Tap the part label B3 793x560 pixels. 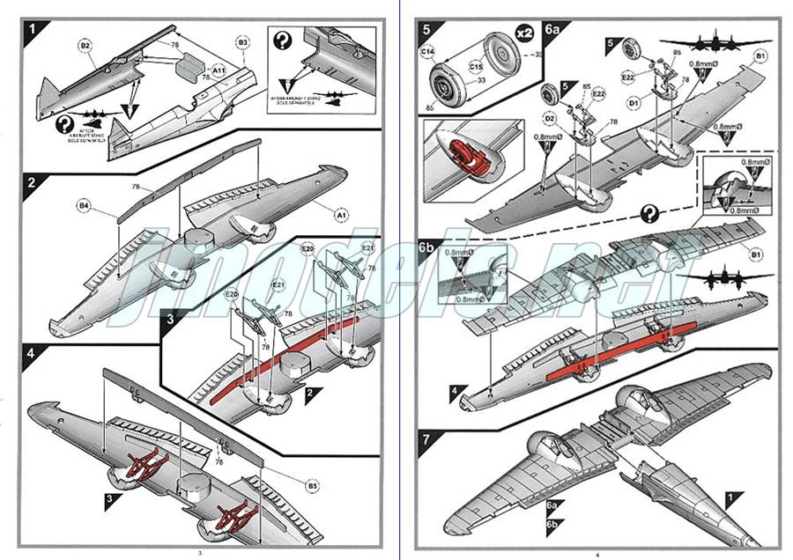pyautogui.click(x=244, y=41)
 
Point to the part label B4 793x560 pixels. pyautogui.click(x=84, y=206)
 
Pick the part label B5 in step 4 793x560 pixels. pyautogui.click(x=312, y=485)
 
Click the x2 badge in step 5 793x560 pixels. pyautogui.click(x=524, y=32)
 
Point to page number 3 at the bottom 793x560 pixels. pyautogui.click(x=201, y=552)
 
